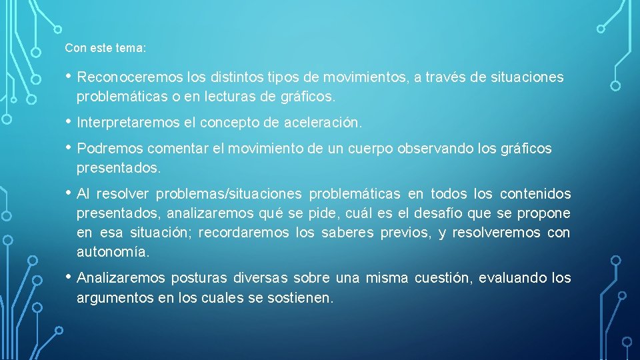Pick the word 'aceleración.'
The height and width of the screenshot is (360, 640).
coord(323,123)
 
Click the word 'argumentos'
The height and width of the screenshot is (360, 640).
coord(114,298)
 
